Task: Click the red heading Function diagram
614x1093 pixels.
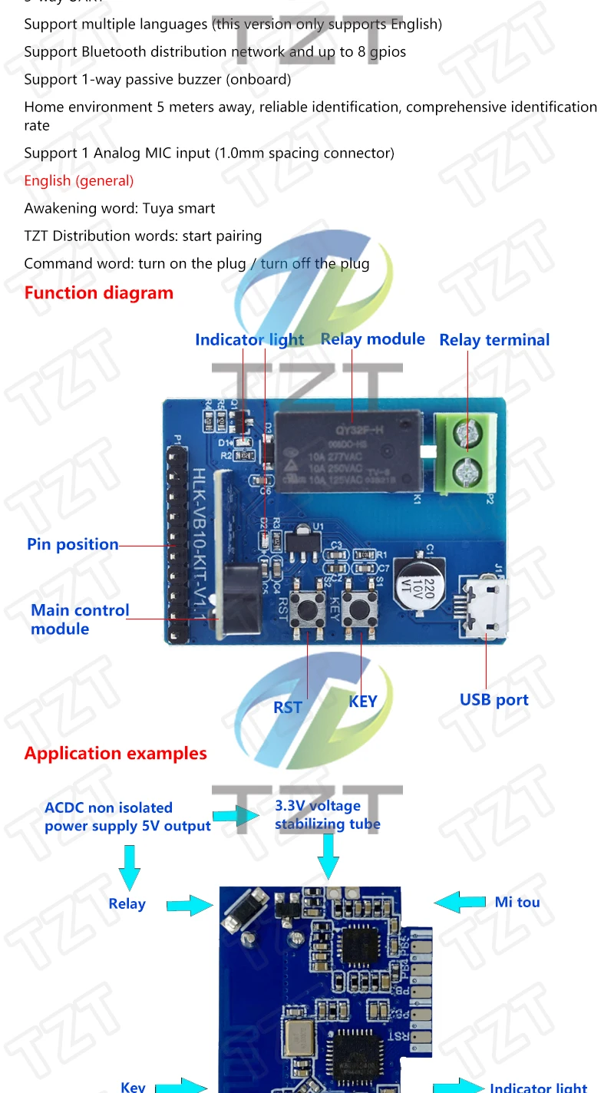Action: pyautogui.click(x=99, y=292)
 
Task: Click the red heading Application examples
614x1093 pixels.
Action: pyautogui.click(x=115, y=753)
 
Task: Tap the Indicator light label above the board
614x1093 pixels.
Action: pyautogui.click(x=249, y=339)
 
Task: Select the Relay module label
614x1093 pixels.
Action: pyautogui.click(x=372, y=339)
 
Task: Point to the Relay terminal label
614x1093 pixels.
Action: pyautogui.click(x=494, y=340)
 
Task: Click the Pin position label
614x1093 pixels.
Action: pyautogui.click(x=73, y=544)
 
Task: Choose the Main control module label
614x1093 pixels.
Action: pyautogui.click(x=80, y=619)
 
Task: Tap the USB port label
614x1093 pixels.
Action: pyautogui.click(x=494, y=699)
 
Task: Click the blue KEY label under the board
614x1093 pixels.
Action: pyautogui.click(x=363, y=701)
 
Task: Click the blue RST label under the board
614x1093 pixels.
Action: pyautogui.click(x=288, y=707)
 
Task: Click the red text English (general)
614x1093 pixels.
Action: pyautogui.click(x=79, y=180)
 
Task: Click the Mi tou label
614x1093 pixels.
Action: pyautogui.click(x=517, y=902)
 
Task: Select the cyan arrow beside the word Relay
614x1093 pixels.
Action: pyautogui.click(x=190, y=905)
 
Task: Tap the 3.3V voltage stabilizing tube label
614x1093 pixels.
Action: pyautogui.click(x=327, y=815)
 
